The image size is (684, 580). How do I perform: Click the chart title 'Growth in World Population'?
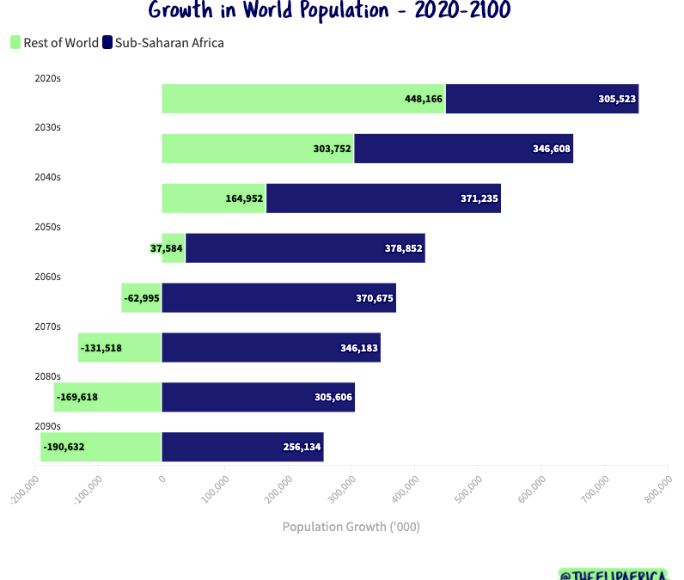328,11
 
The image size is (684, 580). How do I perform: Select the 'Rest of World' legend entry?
54,42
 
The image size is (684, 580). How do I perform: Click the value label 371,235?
479,198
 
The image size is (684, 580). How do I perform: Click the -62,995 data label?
142,298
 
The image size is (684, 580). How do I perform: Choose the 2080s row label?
47,376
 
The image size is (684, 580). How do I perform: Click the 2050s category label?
47,227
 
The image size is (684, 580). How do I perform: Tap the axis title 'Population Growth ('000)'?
351,527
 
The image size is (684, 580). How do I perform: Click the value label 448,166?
424,99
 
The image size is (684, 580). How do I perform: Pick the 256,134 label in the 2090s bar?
302,447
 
